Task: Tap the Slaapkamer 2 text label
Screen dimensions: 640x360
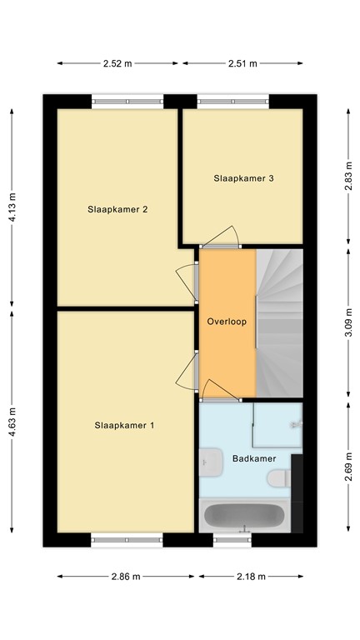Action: tap(117, 209)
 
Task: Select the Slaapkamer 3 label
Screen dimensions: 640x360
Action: tap(243, 177)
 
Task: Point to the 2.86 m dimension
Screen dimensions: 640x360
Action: tap(127, 577)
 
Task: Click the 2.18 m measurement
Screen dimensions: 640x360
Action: tap(250, 577)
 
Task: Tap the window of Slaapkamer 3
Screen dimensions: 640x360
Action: tap(232, 102)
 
